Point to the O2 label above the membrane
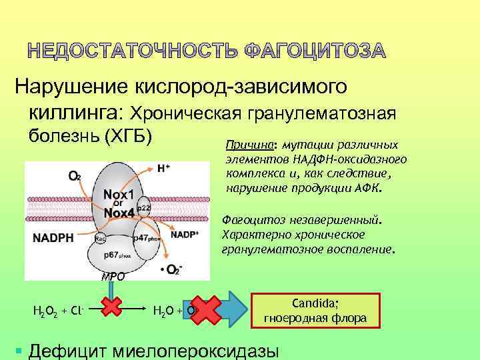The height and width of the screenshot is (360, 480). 75,176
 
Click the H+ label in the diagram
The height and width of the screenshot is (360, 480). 163,169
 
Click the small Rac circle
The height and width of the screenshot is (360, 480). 99,238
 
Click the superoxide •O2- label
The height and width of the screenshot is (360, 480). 171,269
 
